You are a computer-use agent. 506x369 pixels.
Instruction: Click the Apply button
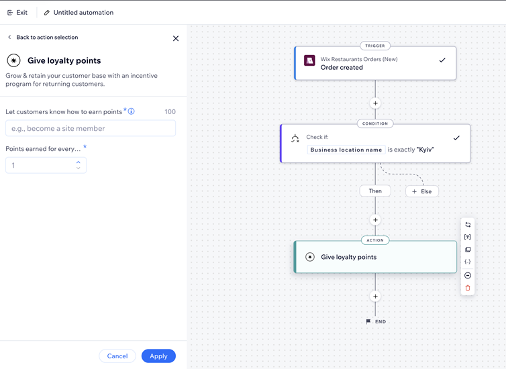[158, 356]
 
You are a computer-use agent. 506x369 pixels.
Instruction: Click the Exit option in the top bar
[17, 13]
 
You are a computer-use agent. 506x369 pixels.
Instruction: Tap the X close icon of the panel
[176, 38]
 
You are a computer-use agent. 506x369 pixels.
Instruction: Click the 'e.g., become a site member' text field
[91, 128]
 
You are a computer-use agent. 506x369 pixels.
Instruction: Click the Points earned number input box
[40, 165]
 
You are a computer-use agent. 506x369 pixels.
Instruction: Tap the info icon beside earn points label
[132, 111]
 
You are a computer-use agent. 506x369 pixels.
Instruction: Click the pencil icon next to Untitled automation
[47, 13]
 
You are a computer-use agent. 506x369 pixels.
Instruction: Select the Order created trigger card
[375, 63]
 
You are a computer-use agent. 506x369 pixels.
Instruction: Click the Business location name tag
[346, 150]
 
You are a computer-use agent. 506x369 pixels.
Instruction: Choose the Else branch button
[422, 191]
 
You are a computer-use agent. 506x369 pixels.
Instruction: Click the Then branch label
[375, 191]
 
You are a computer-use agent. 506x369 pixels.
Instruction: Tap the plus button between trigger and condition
[375, 103]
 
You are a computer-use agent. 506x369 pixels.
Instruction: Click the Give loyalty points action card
[375, 257]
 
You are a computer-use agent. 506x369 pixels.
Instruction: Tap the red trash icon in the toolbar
[468, 288]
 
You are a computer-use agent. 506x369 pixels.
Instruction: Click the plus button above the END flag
[375, 296]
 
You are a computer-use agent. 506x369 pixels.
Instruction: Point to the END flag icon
[368, 321]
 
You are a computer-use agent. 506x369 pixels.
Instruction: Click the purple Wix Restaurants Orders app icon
[309, 60]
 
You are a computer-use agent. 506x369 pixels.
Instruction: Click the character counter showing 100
[170, 112]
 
